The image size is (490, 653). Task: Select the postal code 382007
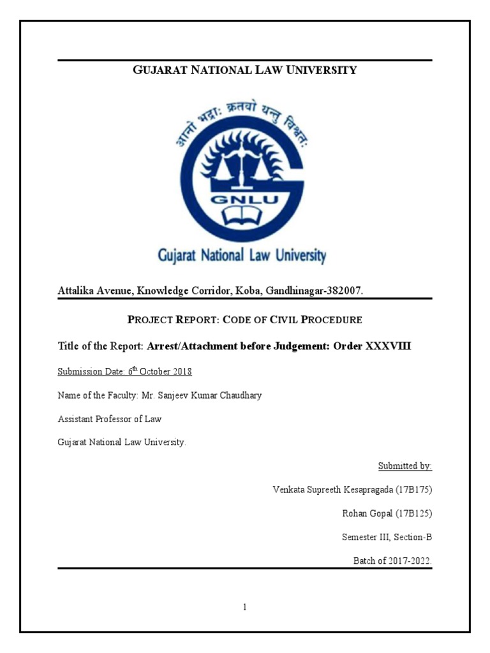click(x=344, y=291)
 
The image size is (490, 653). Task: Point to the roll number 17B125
click(x=417, y=513)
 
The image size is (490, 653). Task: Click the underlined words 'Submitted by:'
click(x=405, y=466)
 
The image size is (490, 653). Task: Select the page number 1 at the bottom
click(x=244, y=608)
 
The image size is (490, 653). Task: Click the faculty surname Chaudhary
click(x=236, y=395)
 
